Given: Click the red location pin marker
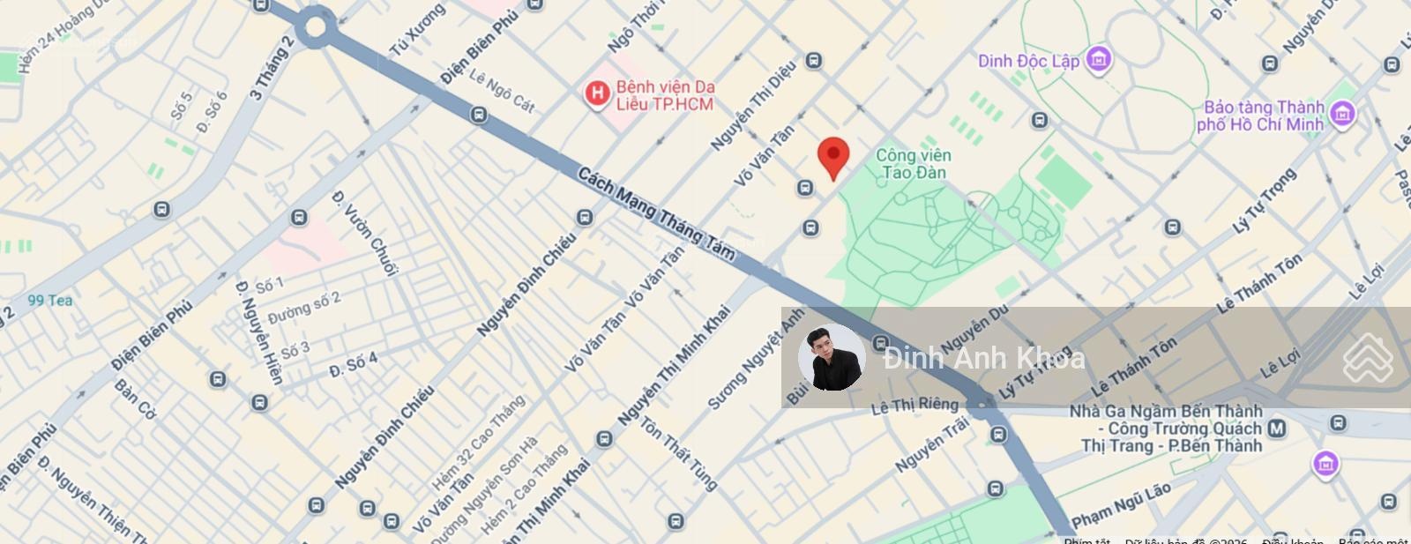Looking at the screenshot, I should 833,157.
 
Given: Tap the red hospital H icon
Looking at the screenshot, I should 597,93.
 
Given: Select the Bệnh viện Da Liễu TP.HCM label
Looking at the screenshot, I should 665,95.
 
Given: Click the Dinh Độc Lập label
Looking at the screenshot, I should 1028,61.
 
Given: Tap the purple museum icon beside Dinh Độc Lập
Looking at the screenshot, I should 1098,60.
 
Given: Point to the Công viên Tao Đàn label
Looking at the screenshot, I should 913,164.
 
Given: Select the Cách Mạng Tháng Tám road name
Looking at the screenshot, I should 656,214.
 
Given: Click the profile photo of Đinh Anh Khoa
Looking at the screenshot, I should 831,357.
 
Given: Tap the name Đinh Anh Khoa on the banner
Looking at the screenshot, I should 983,358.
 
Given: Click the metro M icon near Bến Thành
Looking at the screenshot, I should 1276,428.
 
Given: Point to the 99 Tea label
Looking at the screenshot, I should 50,301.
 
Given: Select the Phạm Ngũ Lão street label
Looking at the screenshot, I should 1121,503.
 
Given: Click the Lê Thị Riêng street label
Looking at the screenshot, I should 914,405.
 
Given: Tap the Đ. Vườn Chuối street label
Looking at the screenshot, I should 365,233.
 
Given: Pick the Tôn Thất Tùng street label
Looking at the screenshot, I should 678,453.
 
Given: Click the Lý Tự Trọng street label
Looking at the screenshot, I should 1264,201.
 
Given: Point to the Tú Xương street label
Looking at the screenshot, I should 417,30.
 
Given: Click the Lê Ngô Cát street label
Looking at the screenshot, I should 501,91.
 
